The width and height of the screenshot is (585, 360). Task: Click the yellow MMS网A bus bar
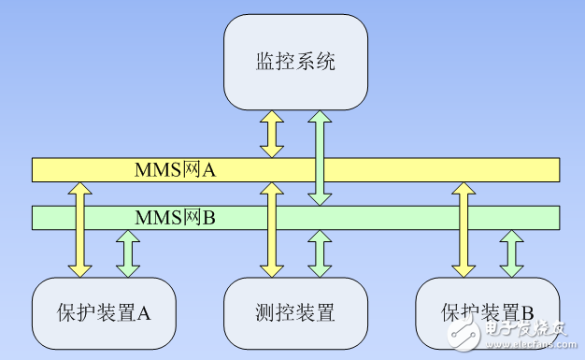[421, 169]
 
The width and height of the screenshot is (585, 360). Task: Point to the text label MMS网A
[176, 169]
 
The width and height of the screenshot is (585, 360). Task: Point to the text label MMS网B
[176, 218]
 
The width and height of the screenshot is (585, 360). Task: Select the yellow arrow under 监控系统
[272, 133]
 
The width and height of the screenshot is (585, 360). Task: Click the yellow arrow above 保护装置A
[79, 229]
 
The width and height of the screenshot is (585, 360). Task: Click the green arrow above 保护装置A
[128, 253]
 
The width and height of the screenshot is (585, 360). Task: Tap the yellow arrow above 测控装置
[272, 229]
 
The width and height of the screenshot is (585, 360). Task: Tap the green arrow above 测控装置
[321, 253]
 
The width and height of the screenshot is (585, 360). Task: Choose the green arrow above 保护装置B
[511, 253]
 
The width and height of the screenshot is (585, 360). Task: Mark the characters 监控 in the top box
[268, 63]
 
